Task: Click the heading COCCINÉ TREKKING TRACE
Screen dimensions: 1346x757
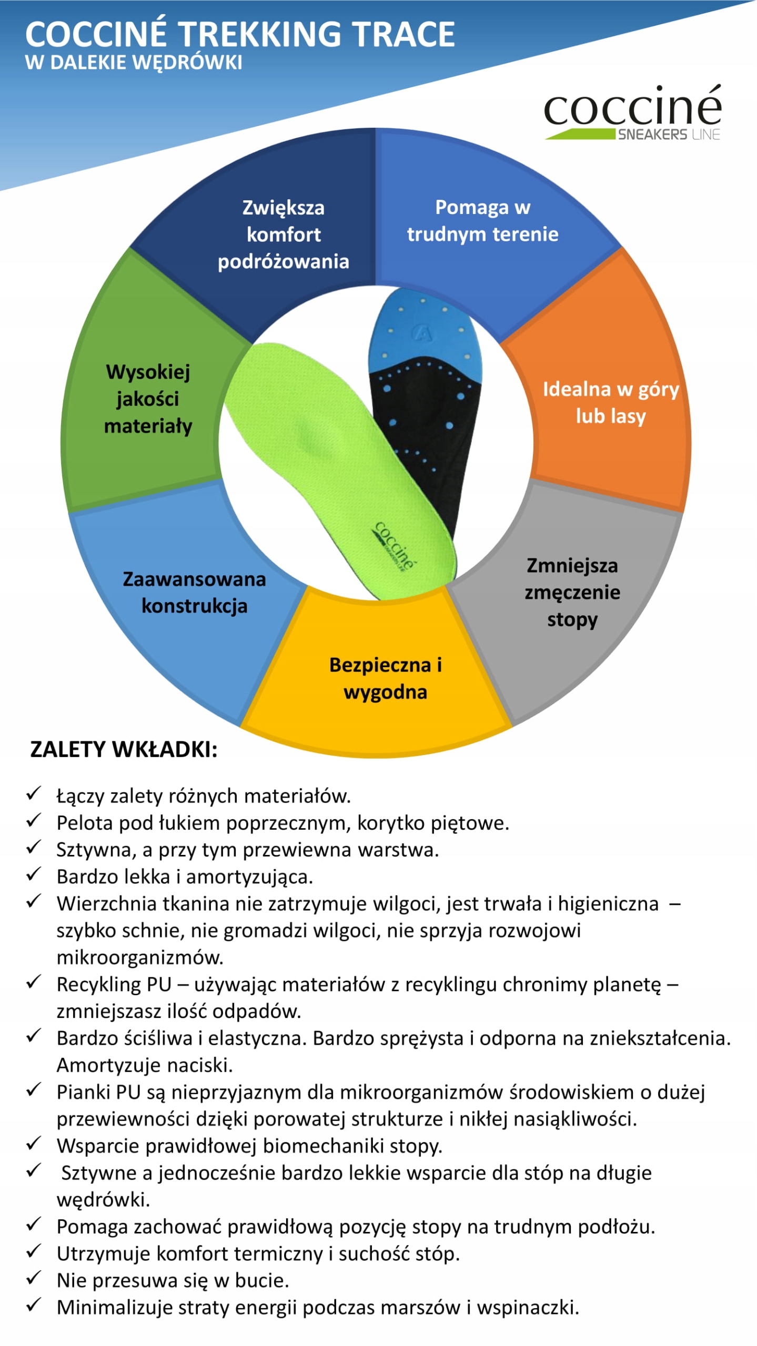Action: (x=240, y=34)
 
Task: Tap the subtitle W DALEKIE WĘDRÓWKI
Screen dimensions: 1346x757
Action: (x=134, y=63)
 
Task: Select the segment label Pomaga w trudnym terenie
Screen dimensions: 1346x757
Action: (x=482, y=220)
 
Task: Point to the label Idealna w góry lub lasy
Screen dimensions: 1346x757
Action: (x=610, y=402)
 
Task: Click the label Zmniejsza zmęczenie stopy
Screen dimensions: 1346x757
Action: (x=572, y=592)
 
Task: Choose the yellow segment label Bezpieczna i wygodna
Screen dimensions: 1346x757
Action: (x=386, y=678)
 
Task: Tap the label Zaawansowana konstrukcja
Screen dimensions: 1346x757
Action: (x=194, y=592)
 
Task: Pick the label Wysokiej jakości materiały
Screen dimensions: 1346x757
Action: (x=148, y=399)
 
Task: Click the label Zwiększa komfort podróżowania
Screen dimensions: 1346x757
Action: (x=284, y=234)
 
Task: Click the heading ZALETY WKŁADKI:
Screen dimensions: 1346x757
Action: (x=124, y=749)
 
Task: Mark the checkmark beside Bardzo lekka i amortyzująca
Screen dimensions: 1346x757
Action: (x=34, y=874)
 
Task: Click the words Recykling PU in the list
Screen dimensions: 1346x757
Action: (x=114, y=984)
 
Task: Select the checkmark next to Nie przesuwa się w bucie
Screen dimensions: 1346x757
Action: (x=34, y=1278)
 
